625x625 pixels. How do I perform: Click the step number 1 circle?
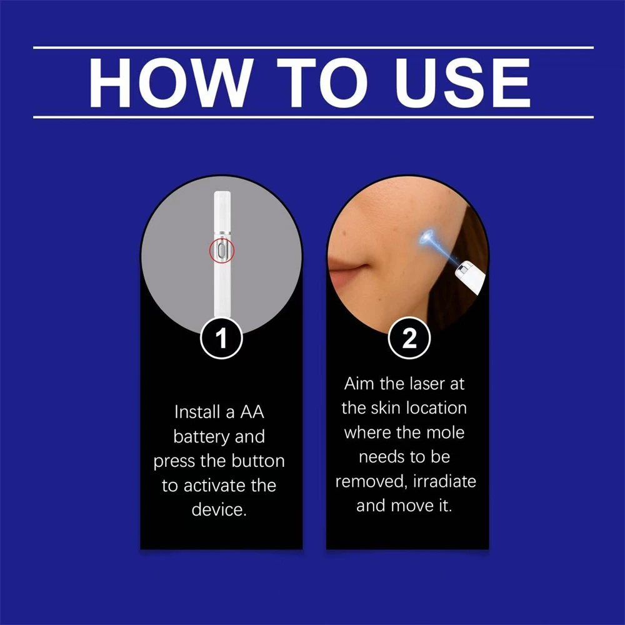[221, 339]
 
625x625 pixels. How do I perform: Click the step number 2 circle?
[408, 339]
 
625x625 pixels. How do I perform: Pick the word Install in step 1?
[197, 412]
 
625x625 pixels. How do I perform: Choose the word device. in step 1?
[219, 509]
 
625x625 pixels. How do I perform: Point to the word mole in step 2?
[443, 432]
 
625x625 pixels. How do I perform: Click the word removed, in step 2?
[366, 481]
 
